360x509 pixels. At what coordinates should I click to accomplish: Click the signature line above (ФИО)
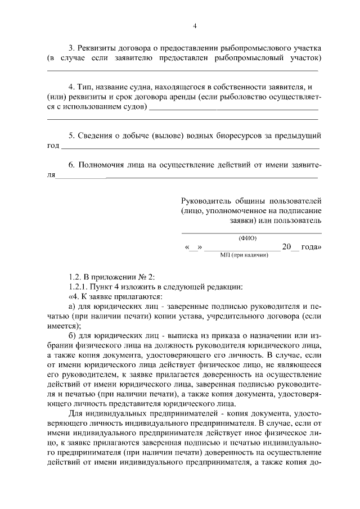251,232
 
